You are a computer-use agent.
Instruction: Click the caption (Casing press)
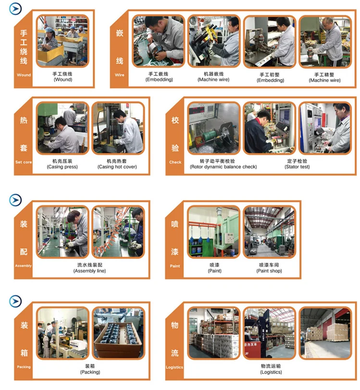coord(62,167)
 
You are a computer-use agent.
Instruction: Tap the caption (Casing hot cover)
coord(117,167)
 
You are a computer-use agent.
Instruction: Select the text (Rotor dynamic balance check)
coord(223,167)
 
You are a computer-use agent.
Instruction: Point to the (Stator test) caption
coord(297,167)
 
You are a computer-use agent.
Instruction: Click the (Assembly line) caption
coord(89,271)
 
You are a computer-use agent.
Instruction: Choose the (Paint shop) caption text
coord(269,271)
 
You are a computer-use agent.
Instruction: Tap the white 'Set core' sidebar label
coord(24,162)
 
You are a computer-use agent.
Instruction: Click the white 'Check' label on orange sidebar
coord(175,162)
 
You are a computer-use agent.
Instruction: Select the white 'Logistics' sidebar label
coord(174,367)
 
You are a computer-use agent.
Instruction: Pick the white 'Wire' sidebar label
coord(120,75)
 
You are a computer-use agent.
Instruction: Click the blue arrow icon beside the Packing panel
coord(15,301)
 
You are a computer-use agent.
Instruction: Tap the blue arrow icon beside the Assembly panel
coord(15,200)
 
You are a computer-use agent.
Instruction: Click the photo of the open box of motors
coord(118,333)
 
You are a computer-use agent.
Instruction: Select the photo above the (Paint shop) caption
coord(270,232)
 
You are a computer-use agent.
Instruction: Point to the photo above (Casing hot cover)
coord(118,128)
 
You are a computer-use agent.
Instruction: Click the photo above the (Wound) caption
coord(62,41)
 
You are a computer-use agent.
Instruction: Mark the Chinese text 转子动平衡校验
coord(217,161)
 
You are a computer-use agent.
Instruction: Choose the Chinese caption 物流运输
coord(271,366)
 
